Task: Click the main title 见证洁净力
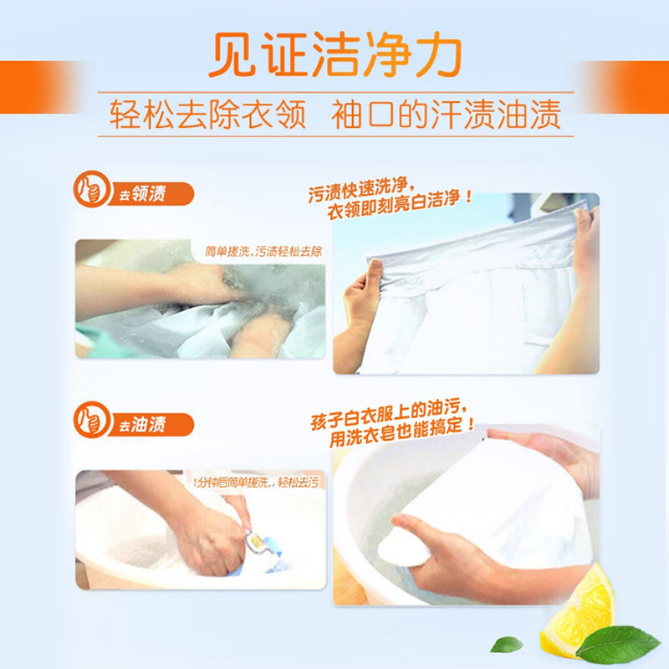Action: [334, 57]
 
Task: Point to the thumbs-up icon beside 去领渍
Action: [91, 190]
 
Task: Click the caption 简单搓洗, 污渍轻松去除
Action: [263, 250]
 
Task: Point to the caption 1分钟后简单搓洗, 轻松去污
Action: [255, 483]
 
